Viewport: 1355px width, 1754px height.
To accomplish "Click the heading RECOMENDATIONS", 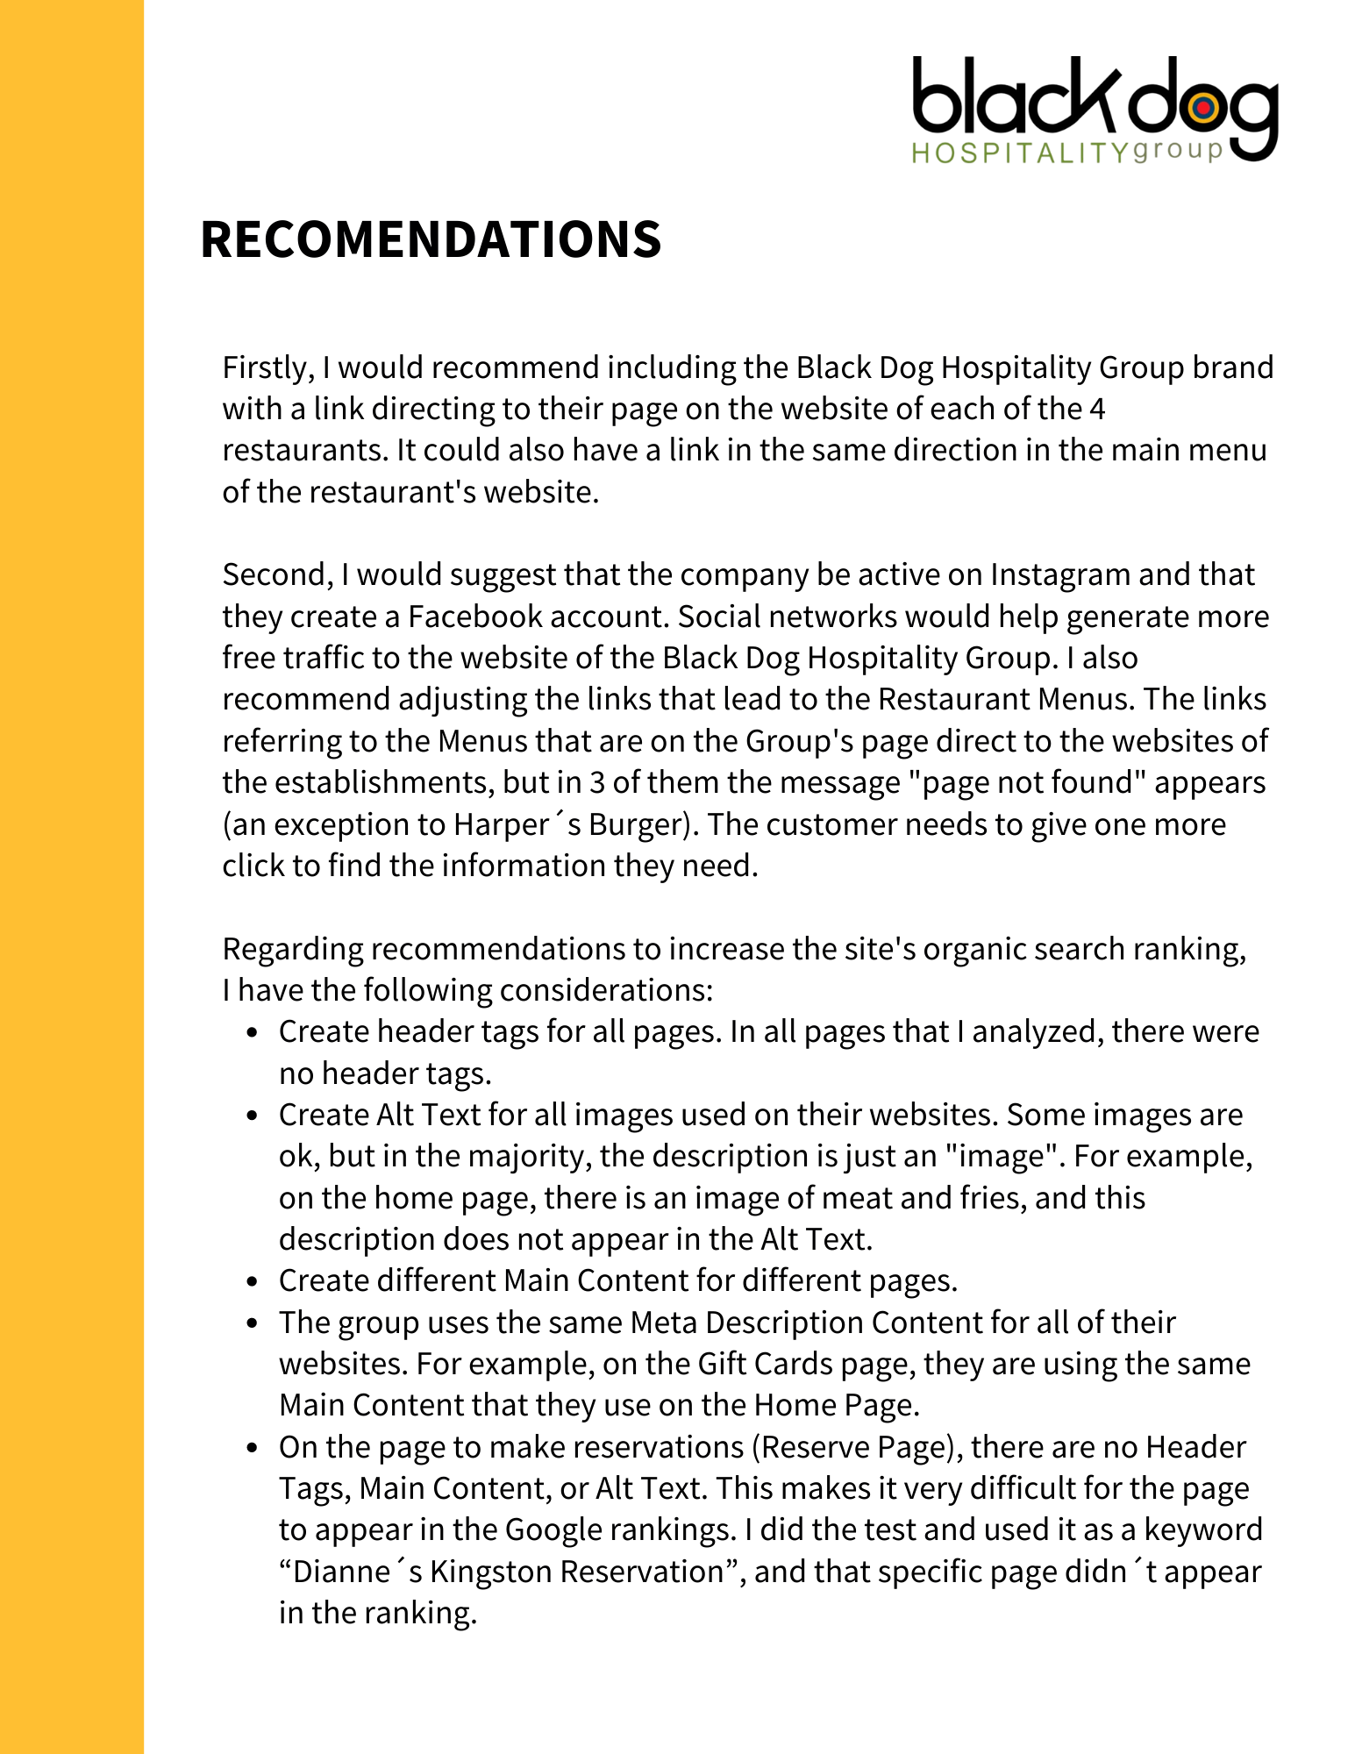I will click(x=431, y=239).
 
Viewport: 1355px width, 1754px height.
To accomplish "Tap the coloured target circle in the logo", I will click(x=1203, y=108).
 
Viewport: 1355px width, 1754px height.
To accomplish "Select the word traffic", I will click(x=328, y=658).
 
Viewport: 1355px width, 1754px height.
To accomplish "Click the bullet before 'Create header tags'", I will click(x=253, y=1033).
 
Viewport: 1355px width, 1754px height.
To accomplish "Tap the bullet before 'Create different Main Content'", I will click(x=253, y=1282).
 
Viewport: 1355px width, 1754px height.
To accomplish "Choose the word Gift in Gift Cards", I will click(x=722, y=1365).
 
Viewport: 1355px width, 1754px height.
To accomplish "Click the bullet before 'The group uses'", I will click(x=253, y=1323).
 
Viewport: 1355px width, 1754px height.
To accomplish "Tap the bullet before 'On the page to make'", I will click(x=253, y=1448).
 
